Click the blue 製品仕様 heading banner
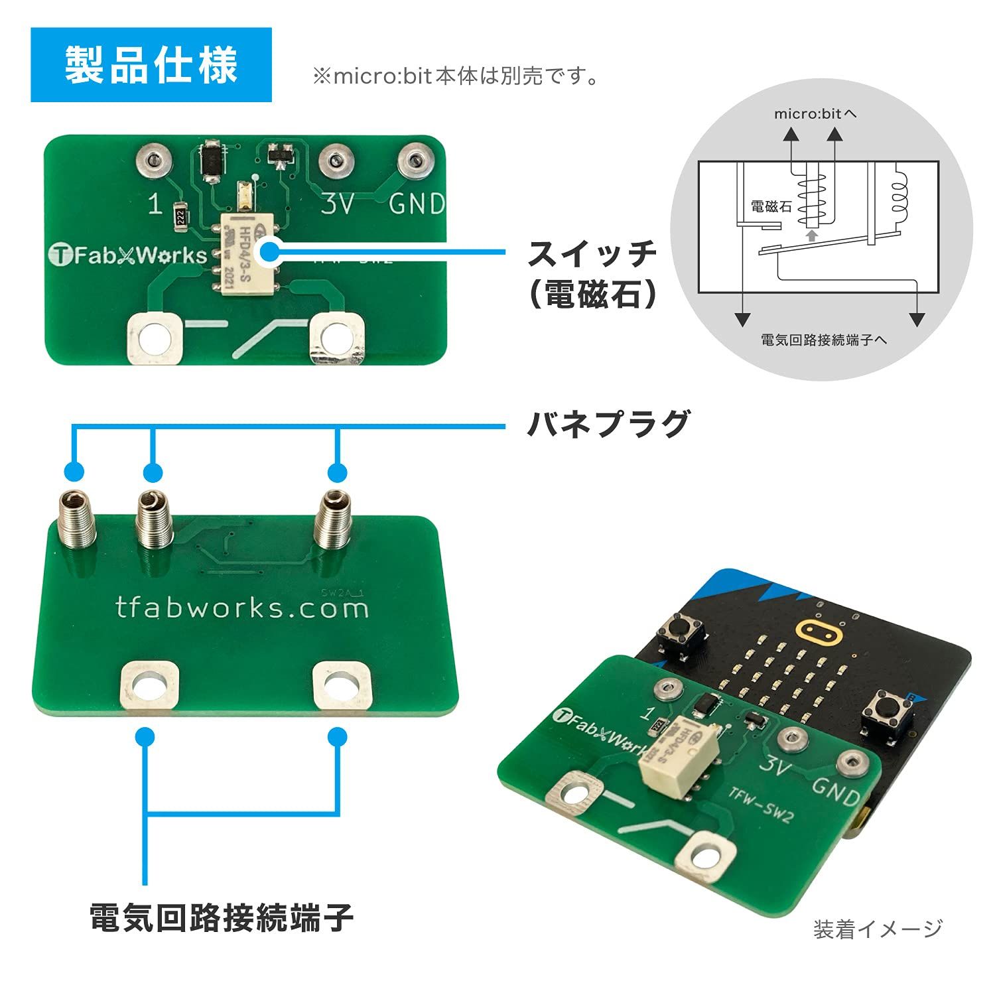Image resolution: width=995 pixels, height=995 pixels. tap(151, 65)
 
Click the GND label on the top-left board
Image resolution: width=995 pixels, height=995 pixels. tap(417, 204)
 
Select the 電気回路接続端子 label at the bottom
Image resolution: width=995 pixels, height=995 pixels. tap(222, 917)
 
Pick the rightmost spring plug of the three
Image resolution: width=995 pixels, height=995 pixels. tap(332, 520)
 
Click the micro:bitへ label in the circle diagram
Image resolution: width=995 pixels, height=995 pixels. tap(815, 114)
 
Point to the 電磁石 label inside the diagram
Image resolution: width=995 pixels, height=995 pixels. tap(771, 206)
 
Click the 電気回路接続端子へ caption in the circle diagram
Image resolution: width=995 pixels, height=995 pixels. tap(823, 340)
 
